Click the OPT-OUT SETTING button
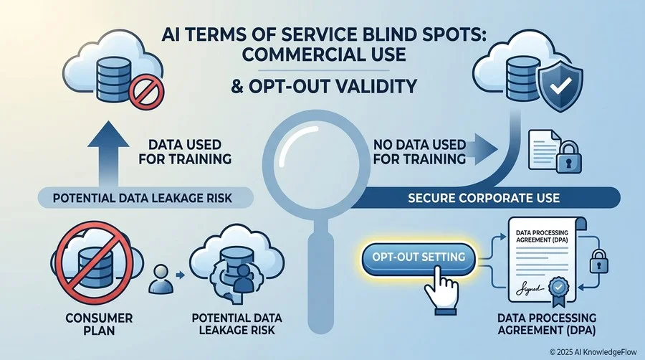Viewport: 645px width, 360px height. [x=419, y=257]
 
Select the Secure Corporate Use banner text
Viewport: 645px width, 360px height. [x=484, y=198]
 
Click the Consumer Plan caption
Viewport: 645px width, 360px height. [x=99, y=324]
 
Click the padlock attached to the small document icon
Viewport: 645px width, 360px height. [x=568, y=157]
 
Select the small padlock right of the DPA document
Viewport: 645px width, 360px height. [x=598, y=261]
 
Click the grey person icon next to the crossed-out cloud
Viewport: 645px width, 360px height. [x=160, y=278]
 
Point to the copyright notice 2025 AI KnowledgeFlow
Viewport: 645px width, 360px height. [x=593, y=352]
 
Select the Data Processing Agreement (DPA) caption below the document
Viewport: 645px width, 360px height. [x=547, y=324]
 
